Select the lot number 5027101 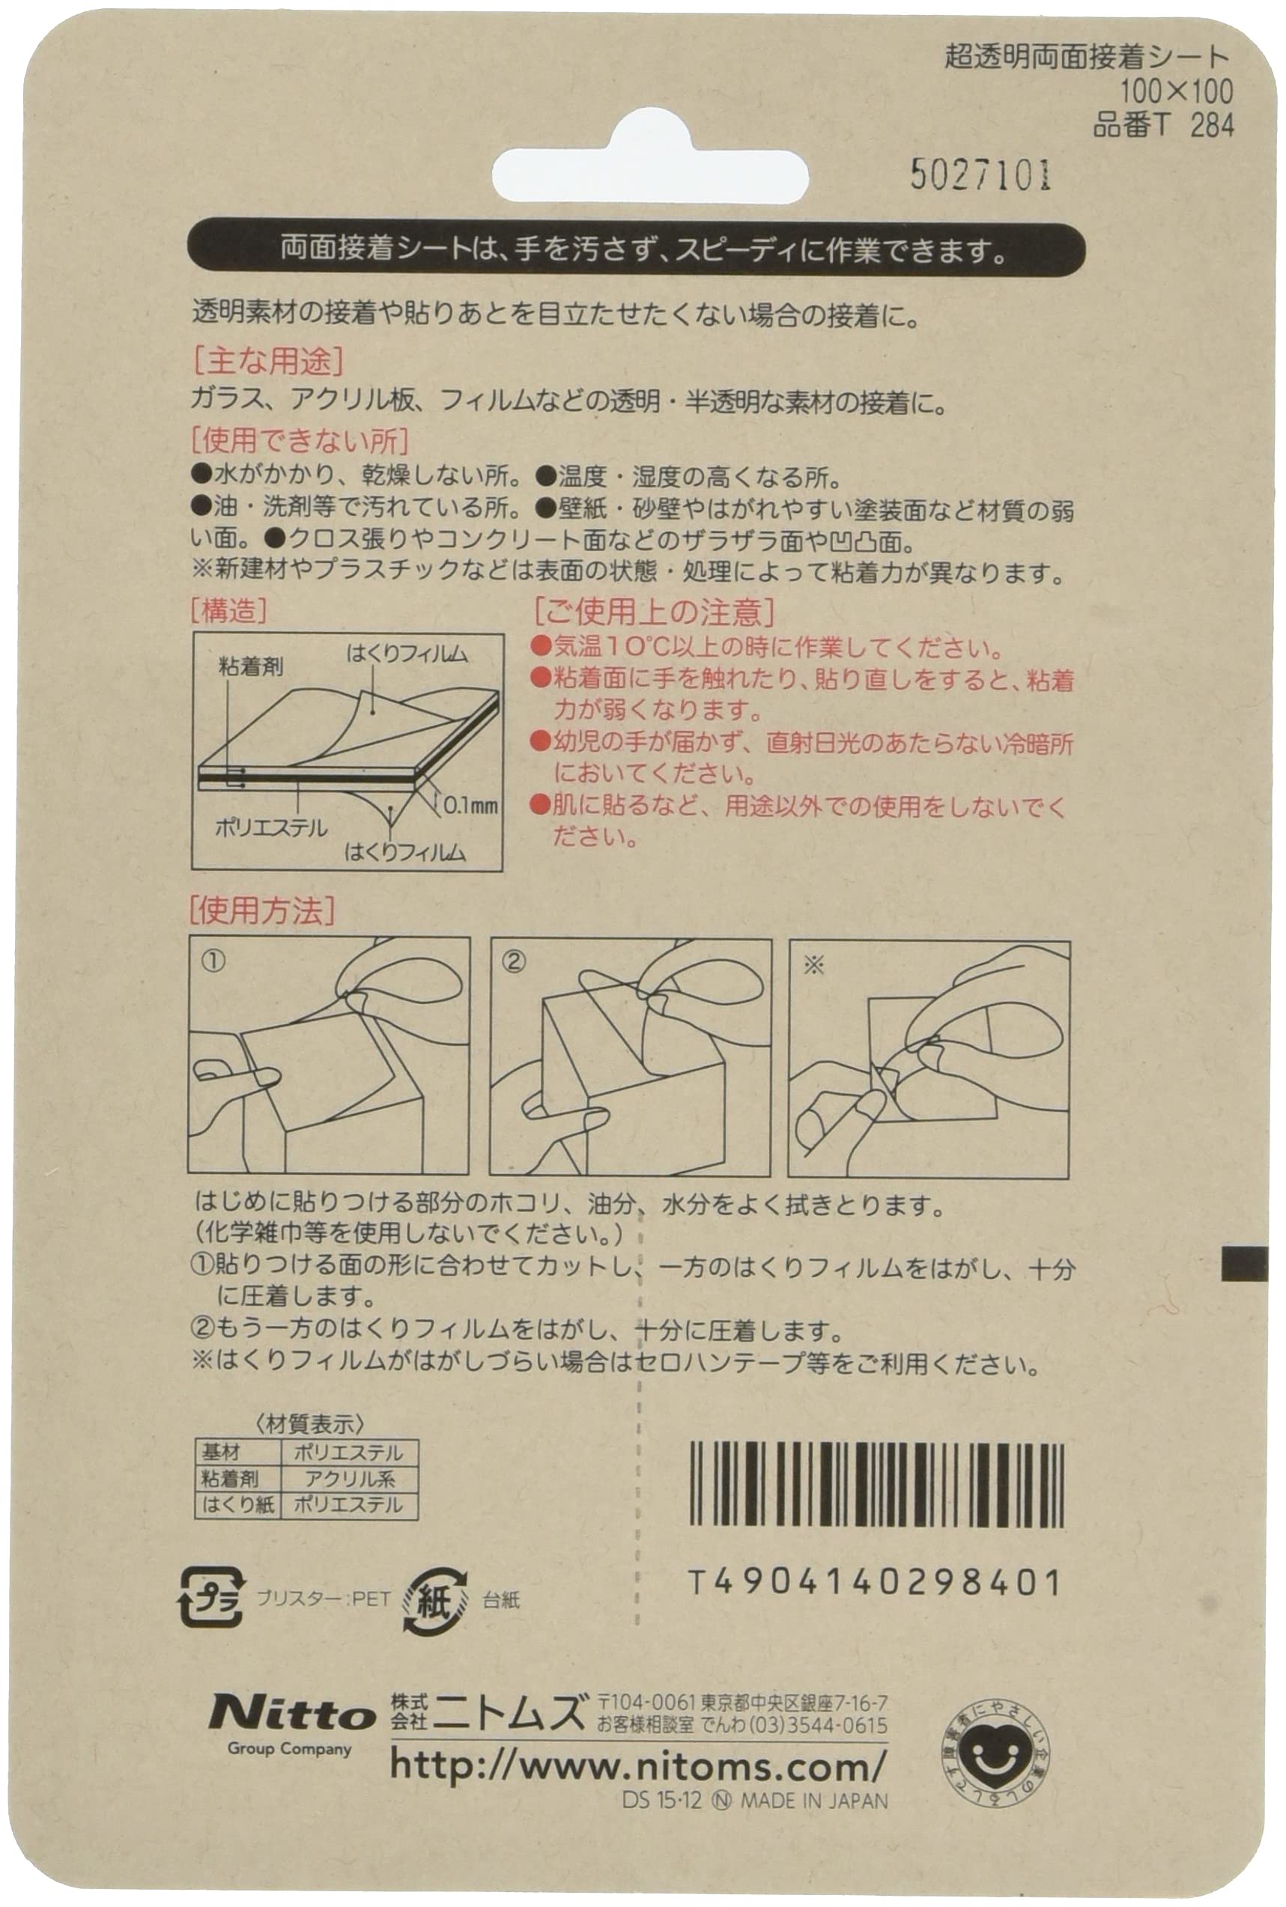click(x=980, y=174)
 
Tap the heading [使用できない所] click(x=300, y=441)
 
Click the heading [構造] click(x=229, y=610)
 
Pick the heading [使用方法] click(x=261, y=910)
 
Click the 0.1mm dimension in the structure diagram click(x=470, y=806)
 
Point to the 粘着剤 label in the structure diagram click(x=251, y=666)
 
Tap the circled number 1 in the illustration click(x=213, y=961)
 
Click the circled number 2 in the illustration click(x=513, y=961)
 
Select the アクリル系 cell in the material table click(x=349, y=1479)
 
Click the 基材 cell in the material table click(x=222, y=1453)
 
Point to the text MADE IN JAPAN click(x=813, y=1801)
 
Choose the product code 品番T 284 click(x=1163, y=124)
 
